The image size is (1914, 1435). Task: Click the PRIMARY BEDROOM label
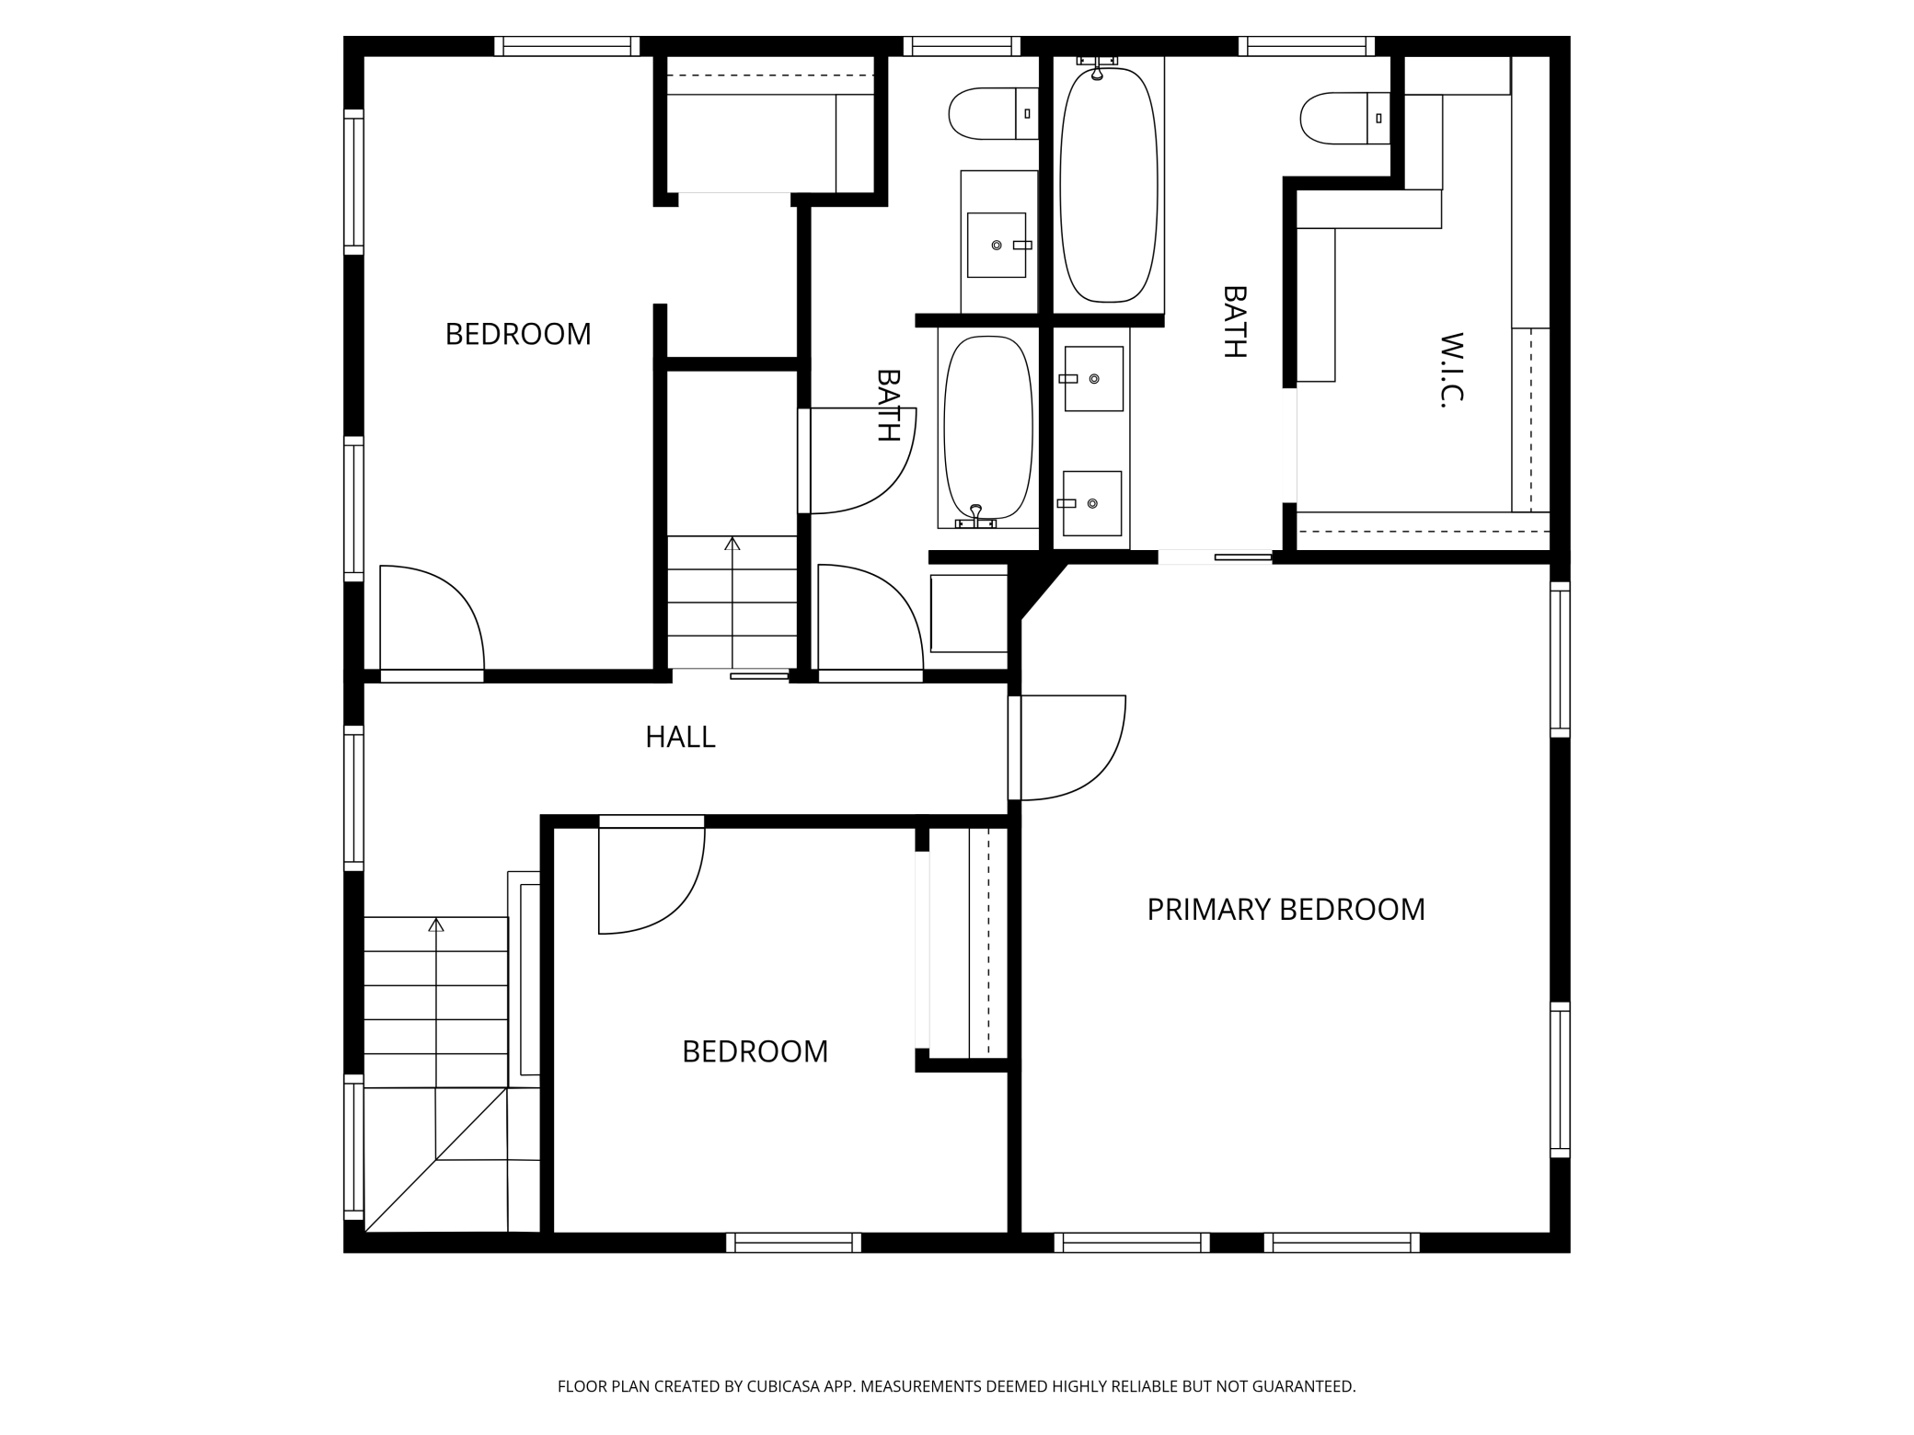pos(1285,910)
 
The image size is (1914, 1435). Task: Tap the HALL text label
pos(680,737)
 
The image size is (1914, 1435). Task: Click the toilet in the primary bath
pos(1343,118)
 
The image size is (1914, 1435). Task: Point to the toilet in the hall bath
pos(992,113)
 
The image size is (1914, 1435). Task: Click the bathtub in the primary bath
pos(1108,182)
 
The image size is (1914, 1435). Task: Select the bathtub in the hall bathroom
pos(987,428)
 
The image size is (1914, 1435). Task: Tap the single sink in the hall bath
pos(996,245)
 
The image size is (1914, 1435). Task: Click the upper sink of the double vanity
pos(1093,378)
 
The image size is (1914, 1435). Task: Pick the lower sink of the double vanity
pos(1091,503)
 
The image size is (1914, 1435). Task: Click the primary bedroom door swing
pos(1072,747)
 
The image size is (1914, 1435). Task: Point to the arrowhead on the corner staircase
pos(436,924)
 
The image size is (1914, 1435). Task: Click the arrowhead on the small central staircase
pos(732,544)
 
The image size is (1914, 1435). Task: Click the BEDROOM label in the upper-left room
pos(518,334)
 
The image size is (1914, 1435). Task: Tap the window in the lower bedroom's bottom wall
pos(793,1243)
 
